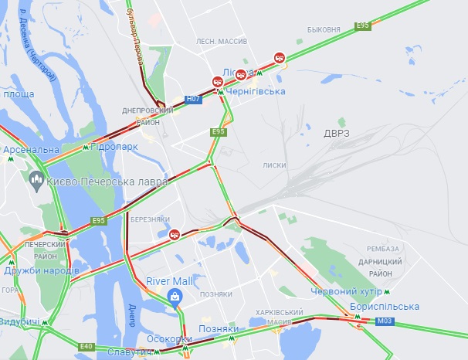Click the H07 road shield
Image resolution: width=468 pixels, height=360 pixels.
[193, 100]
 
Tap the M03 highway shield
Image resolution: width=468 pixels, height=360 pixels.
[385, 320]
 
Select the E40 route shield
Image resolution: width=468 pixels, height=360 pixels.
[86, 347]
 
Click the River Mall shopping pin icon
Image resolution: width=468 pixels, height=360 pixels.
[176, 297]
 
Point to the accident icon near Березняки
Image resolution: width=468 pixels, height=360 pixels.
[176, 233]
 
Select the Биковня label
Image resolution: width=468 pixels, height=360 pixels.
[323, 29]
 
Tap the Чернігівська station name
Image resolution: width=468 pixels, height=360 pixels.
[256, 91]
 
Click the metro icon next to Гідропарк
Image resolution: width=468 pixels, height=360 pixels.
[85, 146]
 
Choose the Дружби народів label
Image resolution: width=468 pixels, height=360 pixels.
[41, 271]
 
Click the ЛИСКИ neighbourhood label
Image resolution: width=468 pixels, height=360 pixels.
[274, 165]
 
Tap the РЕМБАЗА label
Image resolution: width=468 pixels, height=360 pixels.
[383, 248]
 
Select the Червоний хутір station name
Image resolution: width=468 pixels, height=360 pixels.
[346, 291]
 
